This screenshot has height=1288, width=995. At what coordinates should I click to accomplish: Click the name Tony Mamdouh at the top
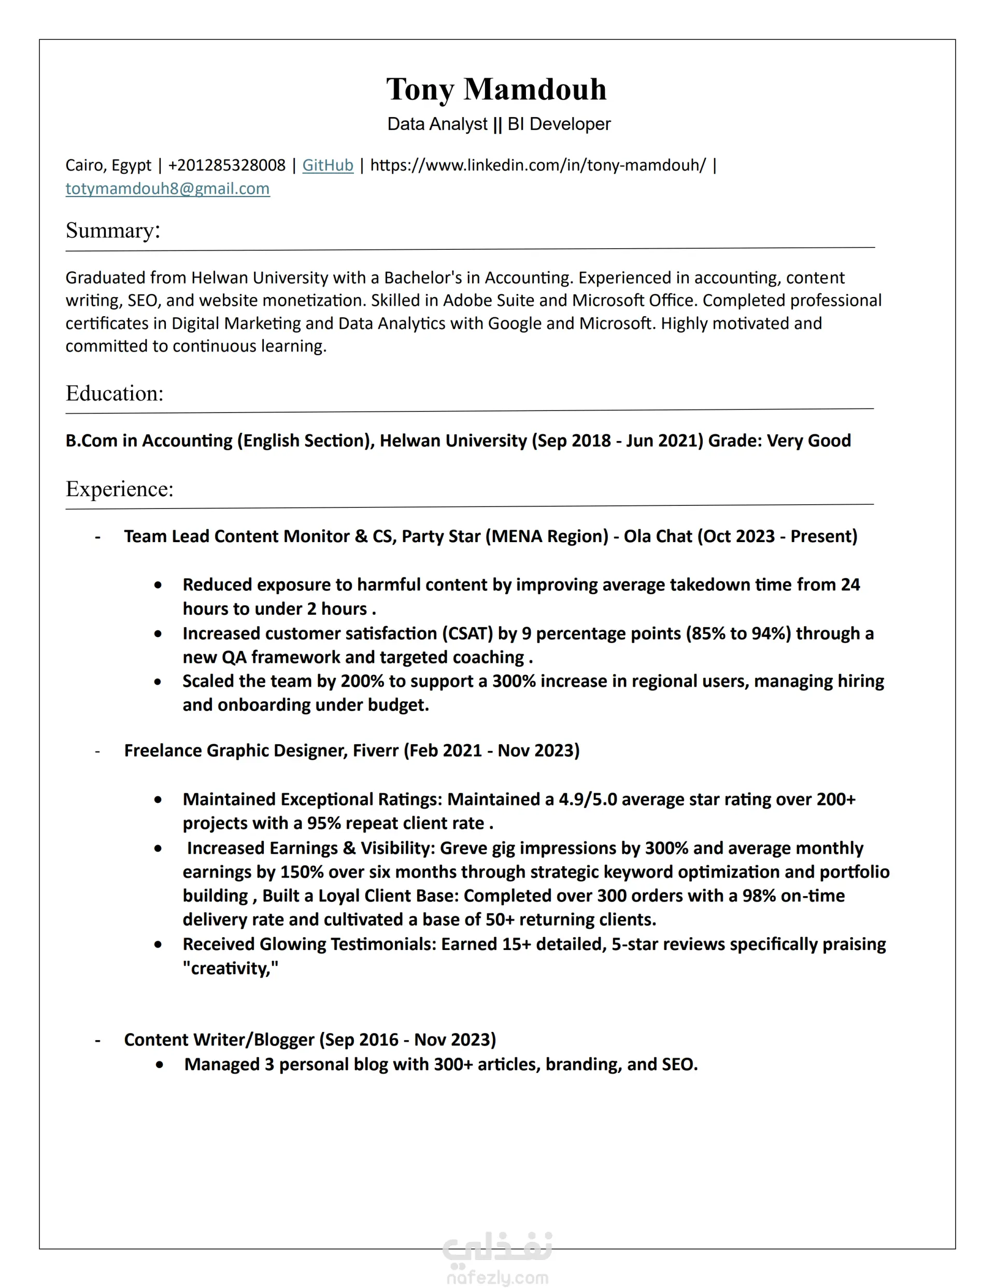tap(496, 90)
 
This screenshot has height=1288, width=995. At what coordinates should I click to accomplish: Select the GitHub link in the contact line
tap(328, 165)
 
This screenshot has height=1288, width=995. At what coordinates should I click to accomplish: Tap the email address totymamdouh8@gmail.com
tap(167, 189)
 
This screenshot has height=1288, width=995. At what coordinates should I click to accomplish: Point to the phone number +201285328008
tap(226, 165)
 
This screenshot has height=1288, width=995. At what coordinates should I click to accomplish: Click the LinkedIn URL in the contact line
tap(537, 165)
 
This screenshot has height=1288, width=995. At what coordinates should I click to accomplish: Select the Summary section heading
tap(112, 230)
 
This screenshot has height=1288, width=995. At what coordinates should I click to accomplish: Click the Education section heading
tap(115, 393)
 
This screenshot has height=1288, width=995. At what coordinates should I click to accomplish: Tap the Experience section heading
tap(120, 489)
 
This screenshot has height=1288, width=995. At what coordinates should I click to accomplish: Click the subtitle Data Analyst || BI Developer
tap(499, 124)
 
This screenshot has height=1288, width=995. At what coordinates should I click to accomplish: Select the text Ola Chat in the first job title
tap(658, 536)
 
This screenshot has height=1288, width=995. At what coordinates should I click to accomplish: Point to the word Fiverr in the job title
tap(376, 750)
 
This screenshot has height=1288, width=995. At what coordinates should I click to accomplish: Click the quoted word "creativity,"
tap(231, 968)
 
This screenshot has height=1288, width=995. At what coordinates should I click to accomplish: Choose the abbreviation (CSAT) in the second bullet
tap(467, 633)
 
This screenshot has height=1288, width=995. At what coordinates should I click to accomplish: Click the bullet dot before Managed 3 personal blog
tap(159, 1065)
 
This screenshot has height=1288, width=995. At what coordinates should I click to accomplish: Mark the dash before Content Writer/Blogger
tap(98, 1040)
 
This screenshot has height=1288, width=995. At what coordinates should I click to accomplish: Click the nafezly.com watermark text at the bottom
tap(497, 1278)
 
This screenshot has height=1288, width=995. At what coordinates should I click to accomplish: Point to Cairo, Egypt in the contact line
tap(108, 165)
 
